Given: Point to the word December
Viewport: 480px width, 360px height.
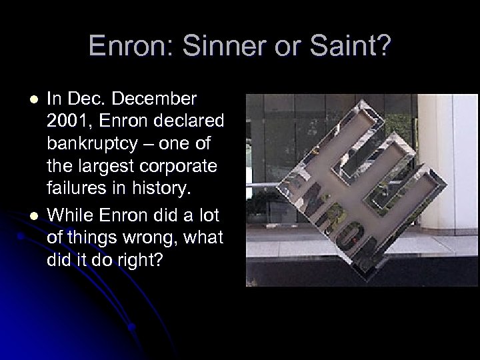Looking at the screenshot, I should coord(155,99).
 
